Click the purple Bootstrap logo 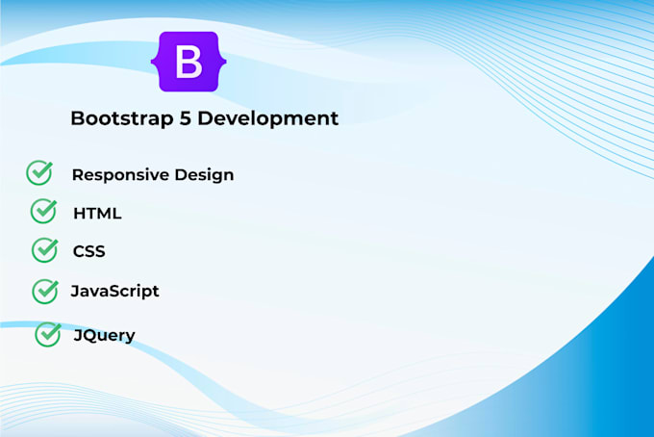coord(189,62)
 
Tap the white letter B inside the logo coord(189,62)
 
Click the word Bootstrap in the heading coord(122,118)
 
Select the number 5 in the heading coord(186,118)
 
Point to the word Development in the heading coord(267,118)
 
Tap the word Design coord(204,175)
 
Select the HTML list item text coord(97,214)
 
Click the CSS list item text coord(88,251)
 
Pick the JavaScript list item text coord(114,291)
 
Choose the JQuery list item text coord(104,335)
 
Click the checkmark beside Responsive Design coord(39,173)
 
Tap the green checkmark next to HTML coord(44,211)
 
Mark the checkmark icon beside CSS coord(45,250)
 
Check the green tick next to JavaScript coord(45,292)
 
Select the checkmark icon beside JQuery coord(48,334)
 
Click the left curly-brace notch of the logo coord(154,62)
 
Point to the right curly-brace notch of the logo coord(223,62)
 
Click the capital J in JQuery coord(78,335)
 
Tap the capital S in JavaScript coord(116,291)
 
